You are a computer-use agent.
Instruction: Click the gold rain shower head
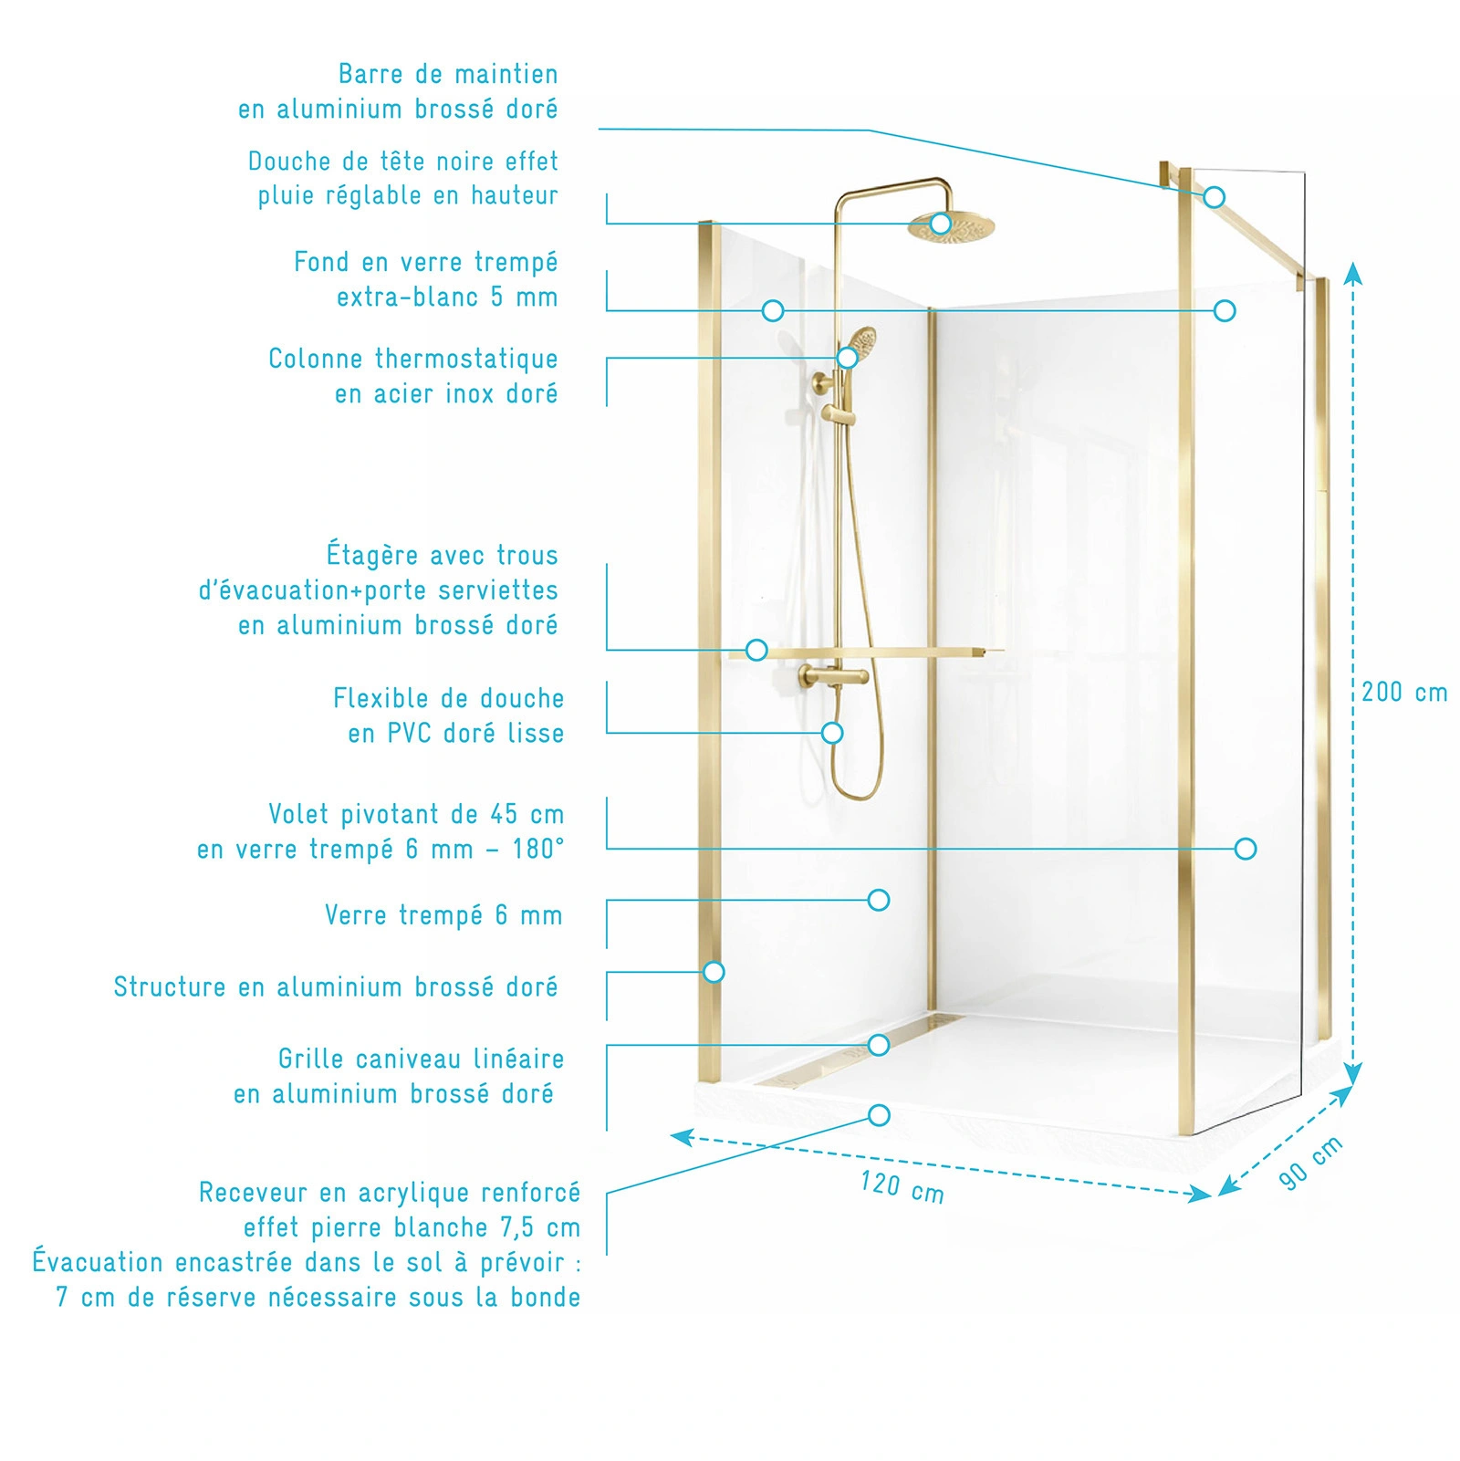(x=953, y=226)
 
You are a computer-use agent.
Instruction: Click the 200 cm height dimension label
(x=1404, y=692)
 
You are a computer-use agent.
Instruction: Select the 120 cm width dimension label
(x=902, y=1186)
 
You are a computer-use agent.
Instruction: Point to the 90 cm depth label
(x=1310, y=1163)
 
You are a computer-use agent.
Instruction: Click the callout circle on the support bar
(x=1214, y=197)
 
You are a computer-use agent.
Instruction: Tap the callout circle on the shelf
(x=756, y=650)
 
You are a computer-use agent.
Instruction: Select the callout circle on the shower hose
(x=832, y=733)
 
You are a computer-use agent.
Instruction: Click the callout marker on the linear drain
(x=879, y=1045)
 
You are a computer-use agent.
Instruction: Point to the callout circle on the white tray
(x=880, y=1115)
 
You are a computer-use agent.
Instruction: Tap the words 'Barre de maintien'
(x=448, y=74)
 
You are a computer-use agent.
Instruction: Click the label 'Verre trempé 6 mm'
(x=443, y=915)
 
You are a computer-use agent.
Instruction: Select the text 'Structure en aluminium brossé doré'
(x=336, y=986)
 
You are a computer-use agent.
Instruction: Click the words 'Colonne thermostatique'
(x=413, y=359)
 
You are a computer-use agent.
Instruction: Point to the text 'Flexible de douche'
(x=449, y=699)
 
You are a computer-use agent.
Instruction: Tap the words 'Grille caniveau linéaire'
(x=422, y=1059)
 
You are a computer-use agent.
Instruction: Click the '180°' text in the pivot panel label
(x=538, y=850)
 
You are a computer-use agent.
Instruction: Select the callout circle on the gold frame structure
(x=714, y=972)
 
